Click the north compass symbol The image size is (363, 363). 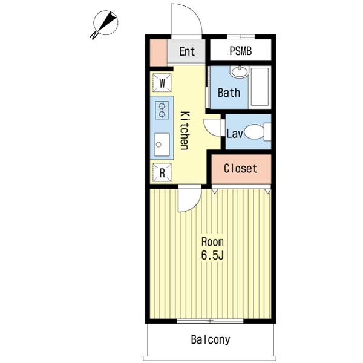(105, 23)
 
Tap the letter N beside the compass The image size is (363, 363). (94, 36)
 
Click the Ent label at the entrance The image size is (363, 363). (187, 51)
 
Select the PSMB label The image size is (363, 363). (241, 51)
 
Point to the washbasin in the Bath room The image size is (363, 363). (240, 72)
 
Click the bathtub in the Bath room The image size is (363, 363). (260, 87)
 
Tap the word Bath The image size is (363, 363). (229, 93)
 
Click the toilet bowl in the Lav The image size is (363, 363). (254, 132)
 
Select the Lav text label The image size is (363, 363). (235, 134)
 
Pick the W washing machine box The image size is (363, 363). (162, 83)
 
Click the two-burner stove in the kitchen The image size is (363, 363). (162, 110)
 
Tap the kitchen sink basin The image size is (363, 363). (162, 145)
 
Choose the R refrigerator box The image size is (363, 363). (162, 172)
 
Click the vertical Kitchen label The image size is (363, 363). (185, 131)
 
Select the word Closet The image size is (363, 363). (241, 169)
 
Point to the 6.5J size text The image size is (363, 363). (212, 255)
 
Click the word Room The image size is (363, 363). (212, 242)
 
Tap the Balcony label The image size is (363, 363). (211, 339)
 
